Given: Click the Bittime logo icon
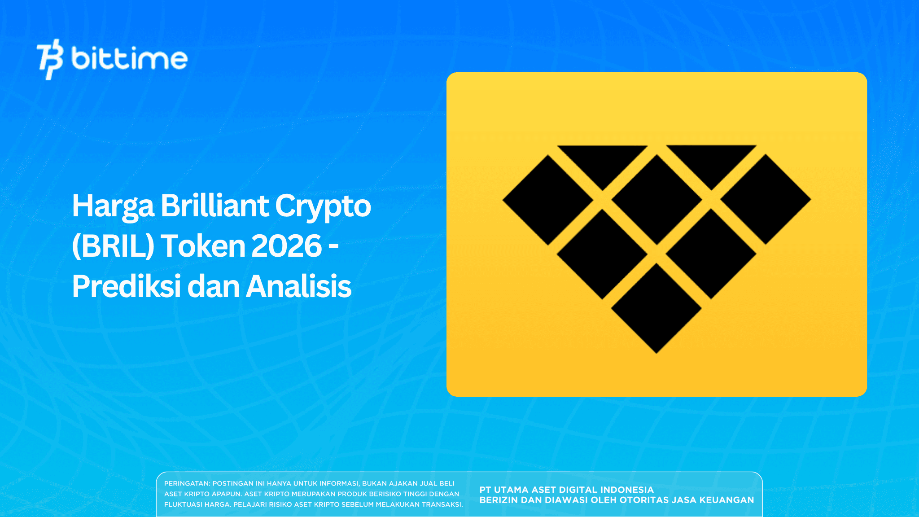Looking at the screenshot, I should [50, 59].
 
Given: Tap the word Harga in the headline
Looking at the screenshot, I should [113, 206].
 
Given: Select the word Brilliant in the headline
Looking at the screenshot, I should [214, 206].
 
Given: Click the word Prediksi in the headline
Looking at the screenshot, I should [125, 286].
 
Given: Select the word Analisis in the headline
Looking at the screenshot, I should [299, 286].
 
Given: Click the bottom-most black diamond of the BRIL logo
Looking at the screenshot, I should [656, 308].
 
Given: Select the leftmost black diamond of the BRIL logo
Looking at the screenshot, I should [548, 200].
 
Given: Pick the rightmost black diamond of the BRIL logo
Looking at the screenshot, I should [766, 199].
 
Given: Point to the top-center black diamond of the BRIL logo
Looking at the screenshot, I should [656, 200].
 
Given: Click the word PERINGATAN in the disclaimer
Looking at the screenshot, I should [187, 484].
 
